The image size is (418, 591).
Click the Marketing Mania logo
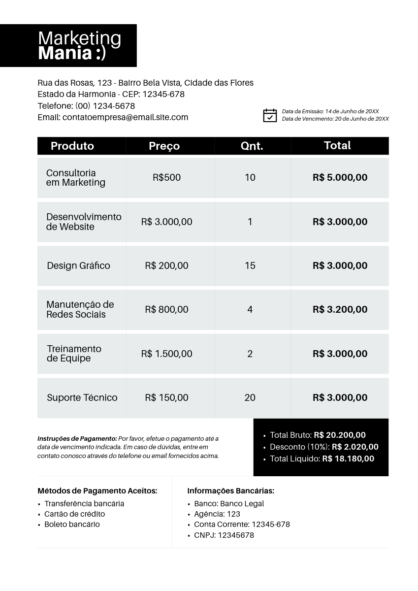pos(79,45)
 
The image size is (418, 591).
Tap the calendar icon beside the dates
pos(270,115)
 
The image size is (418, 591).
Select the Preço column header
pos(164,146)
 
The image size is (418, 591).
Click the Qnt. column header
pos(252,146)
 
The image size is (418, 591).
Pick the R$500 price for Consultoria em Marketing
pos(166,177)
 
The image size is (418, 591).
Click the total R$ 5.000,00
pos(340,177)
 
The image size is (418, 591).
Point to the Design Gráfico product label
pos(78,265)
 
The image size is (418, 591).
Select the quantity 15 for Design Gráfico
pos(250,265)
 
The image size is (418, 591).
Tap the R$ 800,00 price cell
pos(166,309)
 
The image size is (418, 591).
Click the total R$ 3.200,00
pos(340,309)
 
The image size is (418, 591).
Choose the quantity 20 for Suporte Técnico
pos(250,397)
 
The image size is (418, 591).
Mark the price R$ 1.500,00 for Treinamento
pos(166,354)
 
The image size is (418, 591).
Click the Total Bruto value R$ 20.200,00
pos(340,435)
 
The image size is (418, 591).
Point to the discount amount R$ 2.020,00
pos(355,447)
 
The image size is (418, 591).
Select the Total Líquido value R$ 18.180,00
pos(348,459)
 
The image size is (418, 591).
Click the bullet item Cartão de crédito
pos(74,514)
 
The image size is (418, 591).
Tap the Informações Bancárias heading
pos(230,491)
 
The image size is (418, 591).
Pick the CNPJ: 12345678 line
pos(224,535)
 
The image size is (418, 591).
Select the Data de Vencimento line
pos(335,119)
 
